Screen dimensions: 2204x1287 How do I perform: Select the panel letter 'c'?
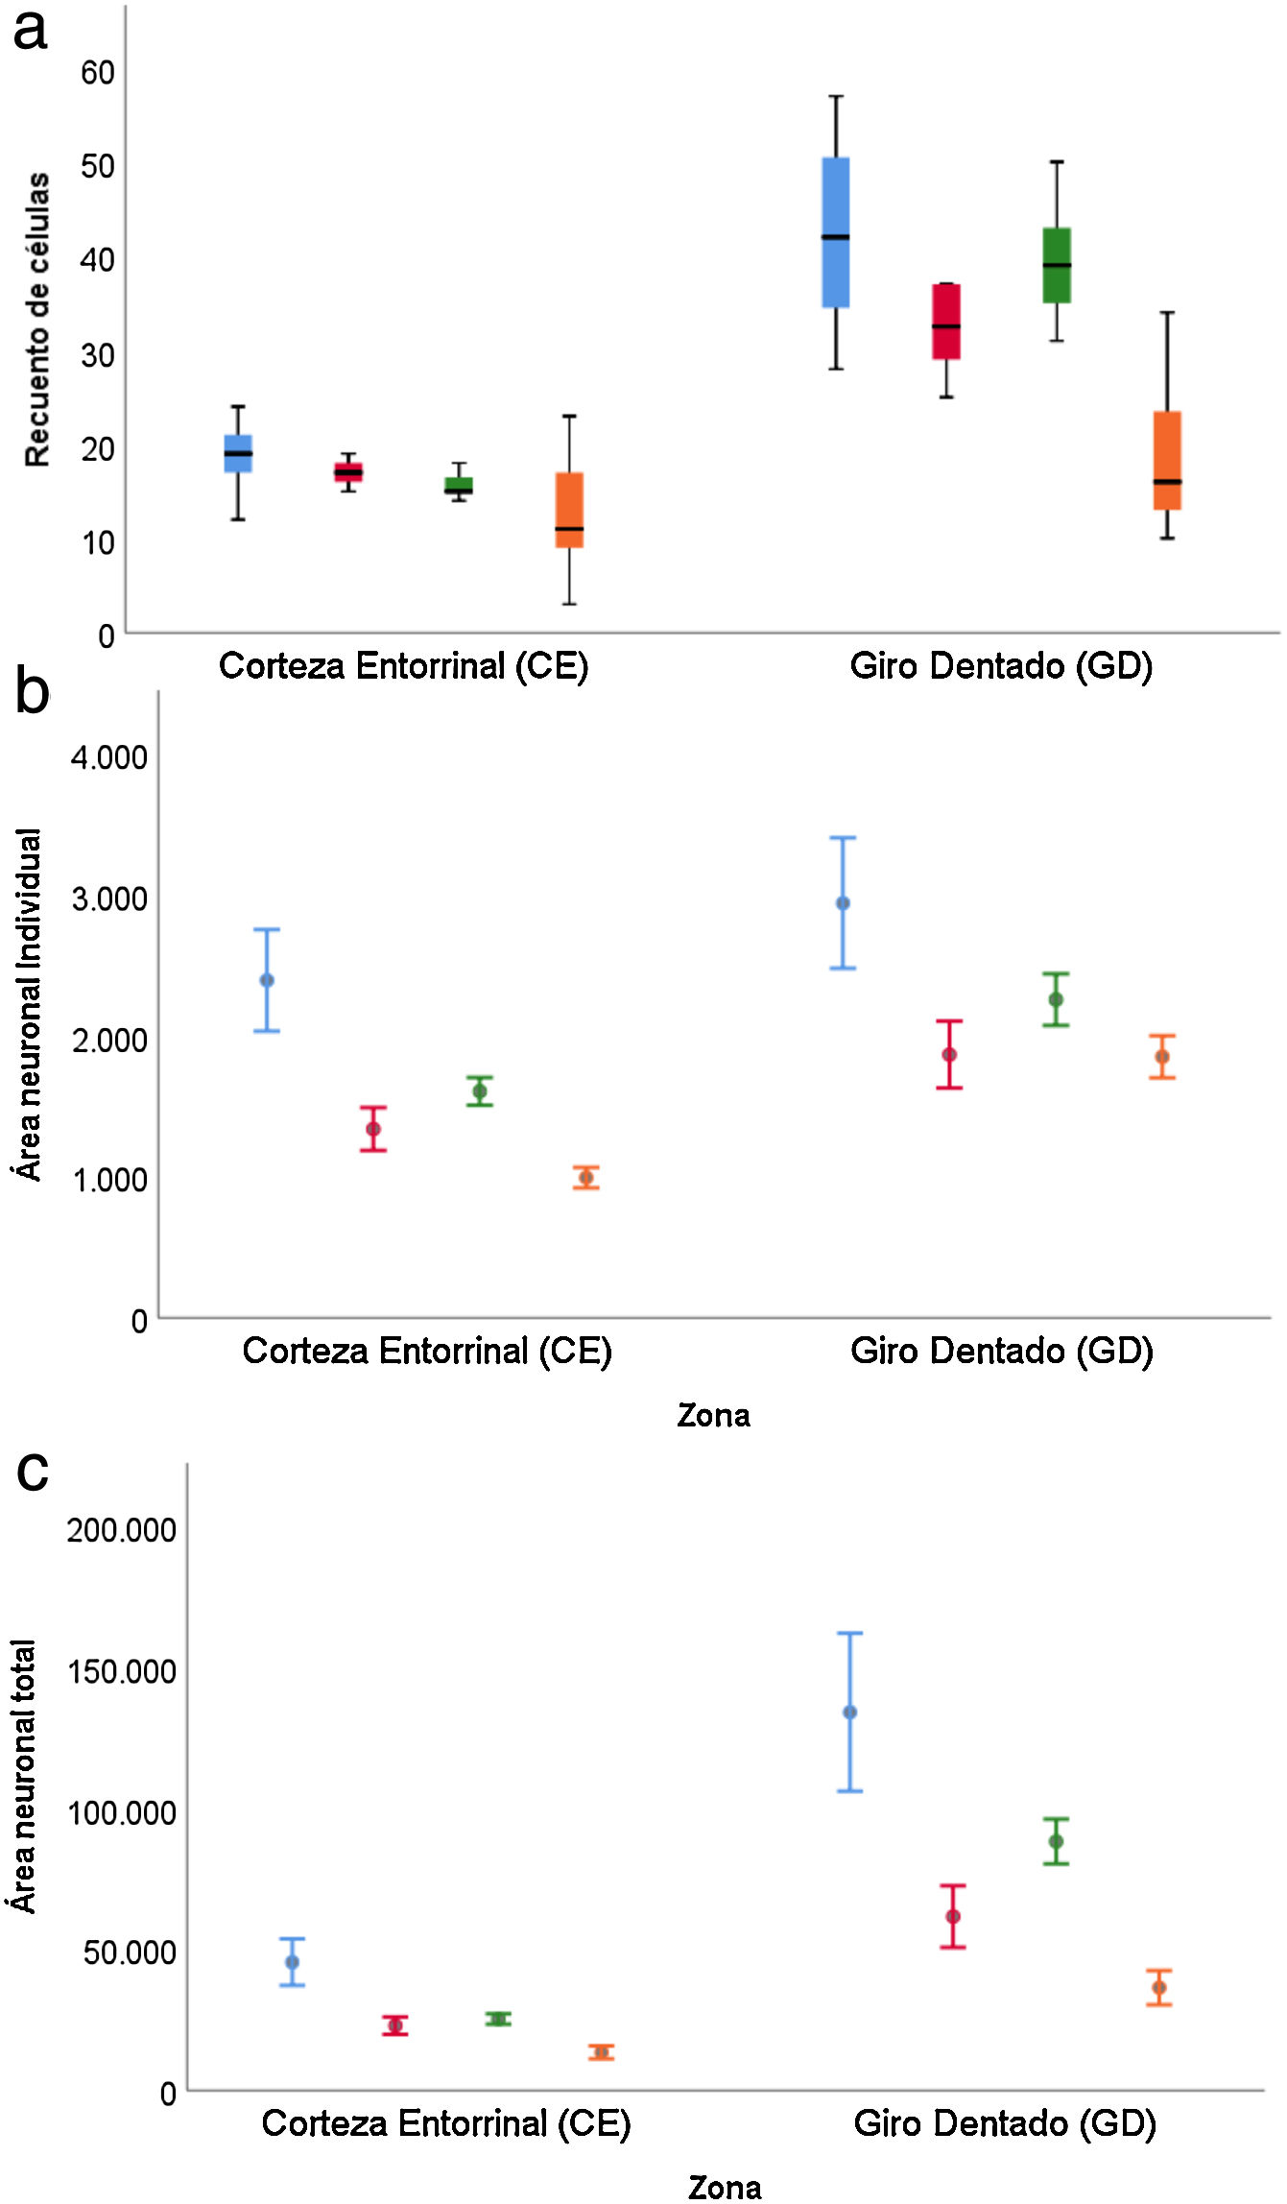[x=33, y=1471]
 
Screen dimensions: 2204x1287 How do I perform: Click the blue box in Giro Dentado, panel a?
[x=836, y=232]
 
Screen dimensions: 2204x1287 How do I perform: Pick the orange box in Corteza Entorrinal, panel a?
[x=569, y=510]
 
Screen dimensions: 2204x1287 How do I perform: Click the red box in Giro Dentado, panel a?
[x=946, y=322]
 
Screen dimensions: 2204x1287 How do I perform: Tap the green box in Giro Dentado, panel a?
[x=1057, y=265]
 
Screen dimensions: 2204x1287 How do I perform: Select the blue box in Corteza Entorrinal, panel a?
[x=238, y=453]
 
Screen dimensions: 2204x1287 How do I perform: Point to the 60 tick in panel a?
[x=97, y=73]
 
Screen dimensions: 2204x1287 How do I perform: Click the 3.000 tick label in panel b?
[x=109, y=899]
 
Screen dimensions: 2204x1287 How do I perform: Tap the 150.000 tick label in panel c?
[x=121, y=1671]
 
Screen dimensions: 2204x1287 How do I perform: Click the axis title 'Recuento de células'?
[x=37, y=320]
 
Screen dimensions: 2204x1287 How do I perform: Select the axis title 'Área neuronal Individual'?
[x=30, y=1004]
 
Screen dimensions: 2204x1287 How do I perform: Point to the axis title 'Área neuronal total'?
[x=24, y=1777]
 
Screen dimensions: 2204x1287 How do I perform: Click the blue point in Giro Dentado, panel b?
[x=843, y=903]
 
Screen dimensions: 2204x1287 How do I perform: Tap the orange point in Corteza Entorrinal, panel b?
[x=586, y=1178]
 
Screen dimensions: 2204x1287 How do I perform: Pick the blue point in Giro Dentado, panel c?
[x=849, y=1713]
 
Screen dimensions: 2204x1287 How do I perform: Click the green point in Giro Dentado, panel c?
[x=1056, y=1841]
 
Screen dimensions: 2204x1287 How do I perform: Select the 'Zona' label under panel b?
[x=713, y=1416]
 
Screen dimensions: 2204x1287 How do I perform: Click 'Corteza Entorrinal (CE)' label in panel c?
[x=446, y=2124]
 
